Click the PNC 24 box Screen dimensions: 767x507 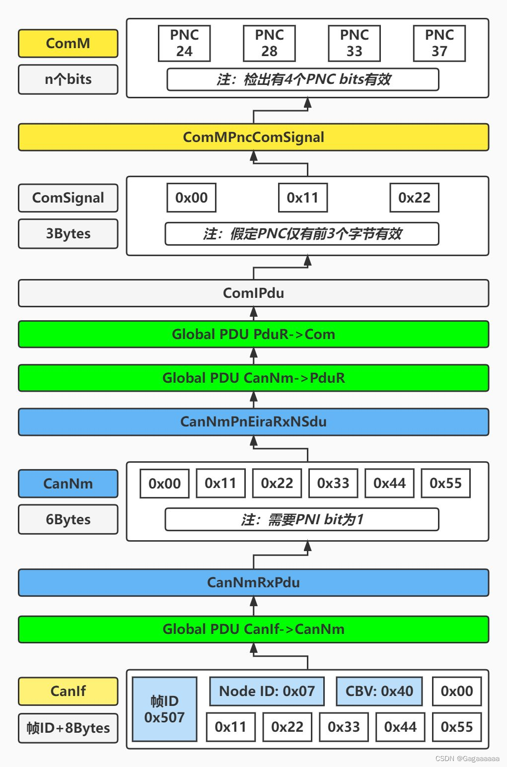(x=184, y=43)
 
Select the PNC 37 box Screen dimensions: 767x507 (x=439, y=43)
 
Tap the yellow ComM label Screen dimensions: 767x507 (x=68, y=43)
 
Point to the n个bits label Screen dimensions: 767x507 (x=68, y=79)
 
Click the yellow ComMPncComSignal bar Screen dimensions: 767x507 (x=253, y=137)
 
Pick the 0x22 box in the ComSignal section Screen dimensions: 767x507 (x=414, y=198)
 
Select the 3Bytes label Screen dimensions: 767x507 (x=68, y=233)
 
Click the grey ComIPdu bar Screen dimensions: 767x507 (x=253, y=293)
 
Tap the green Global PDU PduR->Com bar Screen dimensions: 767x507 (x=253, y=334)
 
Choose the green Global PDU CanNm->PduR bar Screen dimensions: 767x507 (x=253, y=378)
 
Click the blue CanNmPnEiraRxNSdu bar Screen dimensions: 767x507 (x=253, y=422)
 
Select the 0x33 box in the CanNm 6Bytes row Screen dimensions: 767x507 (x=333, y=483)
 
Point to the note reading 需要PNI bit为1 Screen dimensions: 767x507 (x=302, y=519)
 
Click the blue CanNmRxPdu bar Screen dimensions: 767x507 (x=253, y=582)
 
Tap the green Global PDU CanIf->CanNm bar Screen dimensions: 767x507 (x=253, y=629)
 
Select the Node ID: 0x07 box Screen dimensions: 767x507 (x=267, y=691)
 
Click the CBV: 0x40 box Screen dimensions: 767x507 (x=379, y=691)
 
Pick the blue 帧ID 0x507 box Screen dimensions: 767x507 (x=164, y=709)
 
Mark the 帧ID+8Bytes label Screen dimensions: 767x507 (x=68, y=728)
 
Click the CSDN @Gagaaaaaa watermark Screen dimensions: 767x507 (x=467, y=759)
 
